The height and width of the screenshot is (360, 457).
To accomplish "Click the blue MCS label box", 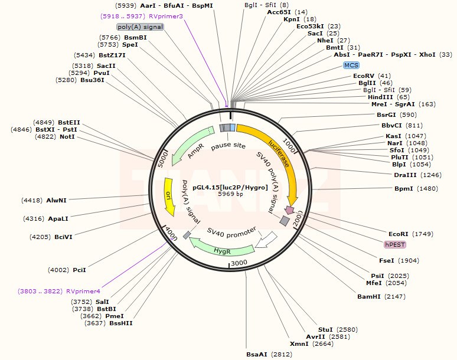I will tap(351, 65).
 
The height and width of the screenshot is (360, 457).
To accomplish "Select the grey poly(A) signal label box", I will tap(140, 27).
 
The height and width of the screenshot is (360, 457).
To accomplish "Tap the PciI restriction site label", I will tap(79, 270).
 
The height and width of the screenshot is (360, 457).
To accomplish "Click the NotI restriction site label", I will tap(67, 136).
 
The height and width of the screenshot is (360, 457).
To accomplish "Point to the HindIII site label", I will tap(380, 97).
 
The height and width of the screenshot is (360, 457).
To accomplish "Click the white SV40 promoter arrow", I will tap(265, 238).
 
